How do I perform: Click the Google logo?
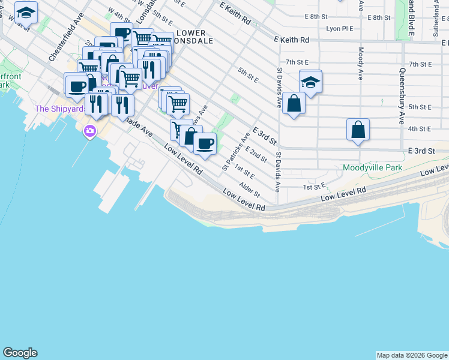pos(20,353)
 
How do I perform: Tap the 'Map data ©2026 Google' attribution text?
pos(412,355)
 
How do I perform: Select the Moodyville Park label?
pos(372,168)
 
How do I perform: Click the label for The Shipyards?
pos(58,109)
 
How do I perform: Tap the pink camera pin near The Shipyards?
pos(90,131)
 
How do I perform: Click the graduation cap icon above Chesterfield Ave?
pos(26,11)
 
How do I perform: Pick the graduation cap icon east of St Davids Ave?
pos(310,81)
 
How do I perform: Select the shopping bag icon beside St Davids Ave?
pos(294,103)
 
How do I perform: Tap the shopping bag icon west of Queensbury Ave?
pos(358,129)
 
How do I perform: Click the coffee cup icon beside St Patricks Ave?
pos(205,143)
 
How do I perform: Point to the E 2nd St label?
pos(256,154)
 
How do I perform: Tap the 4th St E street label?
pos(419,128)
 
